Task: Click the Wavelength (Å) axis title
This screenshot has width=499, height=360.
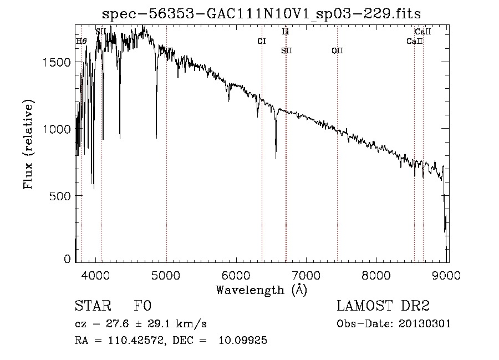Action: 261,290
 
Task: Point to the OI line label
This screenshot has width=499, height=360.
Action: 262,41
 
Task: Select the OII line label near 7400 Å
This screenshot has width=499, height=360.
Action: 337,51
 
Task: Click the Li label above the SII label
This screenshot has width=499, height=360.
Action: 285,32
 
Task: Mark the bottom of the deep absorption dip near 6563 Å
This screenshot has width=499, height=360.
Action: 276,158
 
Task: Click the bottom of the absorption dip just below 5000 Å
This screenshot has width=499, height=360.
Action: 156,137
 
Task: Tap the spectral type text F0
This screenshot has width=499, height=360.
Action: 142,307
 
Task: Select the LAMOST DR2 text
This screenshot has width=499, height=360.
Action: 383,307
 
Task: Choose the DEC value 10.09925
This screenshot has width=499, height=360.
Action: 244,341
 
